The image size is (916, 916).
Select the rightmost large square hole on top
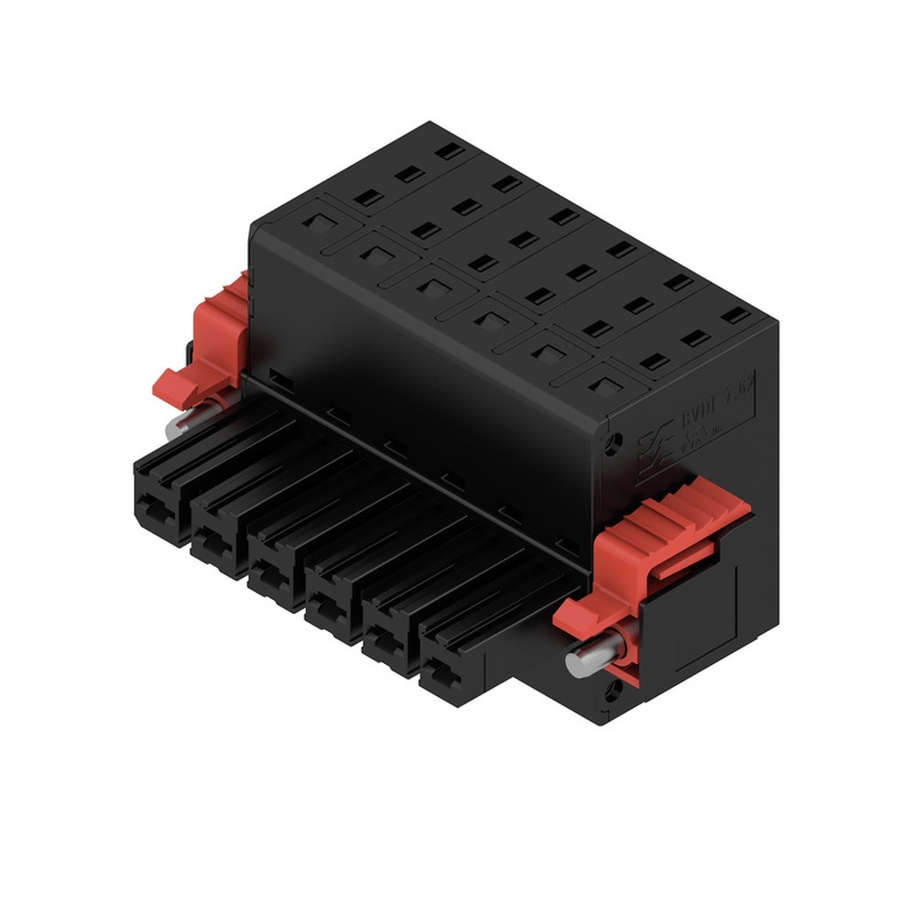[601, 385]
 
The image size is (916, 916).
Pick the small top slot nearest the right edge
[735, 315]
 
